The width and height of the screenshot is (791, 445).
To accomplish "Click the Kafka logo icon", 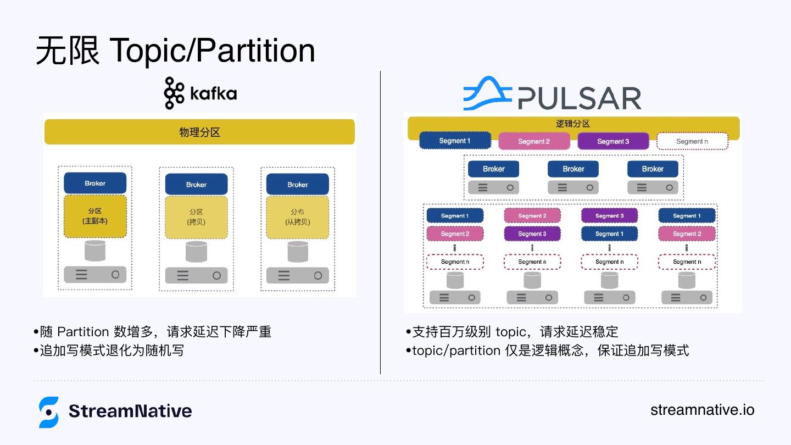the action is tap(174, 93).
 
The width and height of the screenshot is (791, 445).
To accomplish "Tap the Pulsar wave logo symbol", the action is tap(488, 93).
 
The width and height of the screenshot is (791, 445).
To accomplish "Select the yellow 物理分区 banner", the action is tap(199, 132).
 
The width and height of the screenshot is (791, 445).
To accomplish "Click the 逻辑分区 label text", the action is tap(573, 124).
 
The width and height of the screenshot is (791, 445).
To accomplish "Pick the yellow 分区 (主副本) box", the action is tap(95, 216).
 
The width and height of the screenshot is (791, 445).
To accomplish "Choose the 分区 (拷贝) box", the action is tap(196, 217).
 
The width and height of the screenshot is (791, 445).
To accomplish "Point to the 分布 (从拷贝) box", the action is tap(297, 217).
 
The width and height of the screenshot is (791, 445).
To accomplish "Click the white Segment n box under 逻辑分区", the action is tap(692, 141).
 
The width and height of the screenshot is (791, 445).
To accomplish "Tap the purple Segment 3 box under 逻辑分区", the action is tap(613, 141).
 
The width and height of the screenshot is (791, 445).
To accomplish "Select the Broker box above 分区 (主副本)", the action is tap(95, 183).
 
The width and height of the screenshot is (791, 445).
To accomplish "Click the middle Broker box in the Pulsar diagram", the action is tap(573, 169).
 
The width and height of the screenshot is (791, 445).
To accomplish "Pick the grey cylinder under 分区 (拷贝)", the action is tap(196, 252).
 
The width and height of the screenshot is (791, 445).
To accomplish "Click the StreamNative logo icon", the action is tap(49, 412).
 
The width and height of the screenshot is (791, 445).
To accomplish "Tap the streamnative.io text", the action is tap(703, 410).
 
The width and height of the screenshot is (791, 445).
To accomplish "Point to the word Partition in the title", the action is tap(255, 51).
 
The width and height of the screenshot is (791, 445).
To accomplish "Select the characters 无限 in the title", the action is tap(68, 51).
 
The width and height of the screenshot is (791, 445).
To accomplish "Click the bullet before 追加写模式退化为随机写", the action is tap(36, 351).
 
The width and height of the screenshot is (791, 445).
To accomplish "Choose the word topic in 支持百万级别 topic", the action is tap(511, 332).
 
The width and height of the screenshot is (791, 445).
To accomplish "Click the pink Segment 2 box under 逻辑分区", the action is tap(534, 141).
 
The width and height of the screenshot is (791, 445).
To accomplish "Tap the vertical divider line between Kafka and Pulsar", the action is tap(380, 222).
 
